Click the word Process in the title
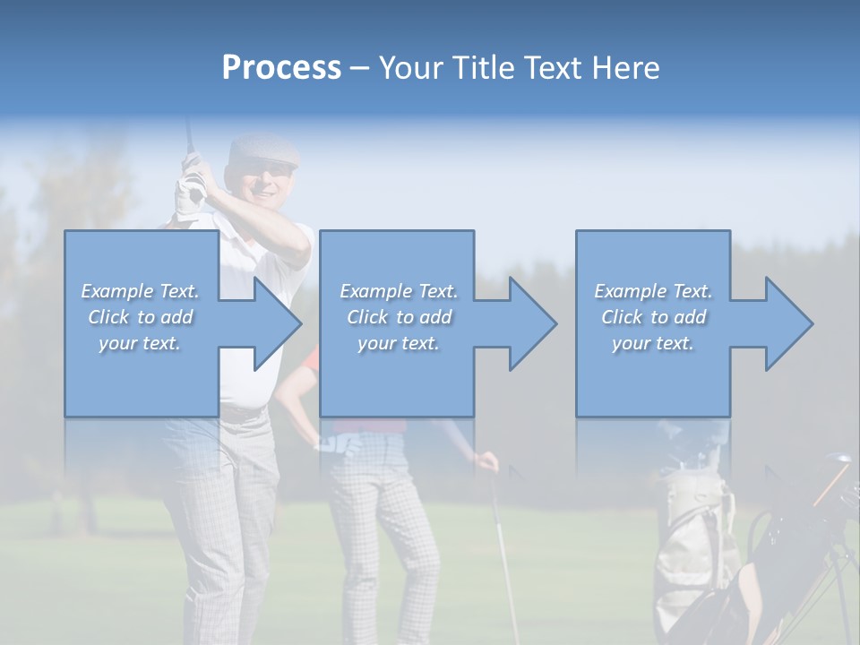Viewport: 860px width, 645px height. point(281,68)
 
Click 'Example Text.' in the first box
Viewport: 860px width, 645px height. point(140,291)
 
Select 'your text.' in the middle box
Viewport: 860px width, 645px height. point(398,343)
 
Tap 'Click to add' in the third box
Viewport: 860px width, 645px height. point(653,317)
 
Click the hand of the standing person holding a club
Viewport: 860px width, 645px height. point(486,462)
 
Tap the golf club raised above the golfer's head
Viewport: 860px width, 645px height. point(188,134)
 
